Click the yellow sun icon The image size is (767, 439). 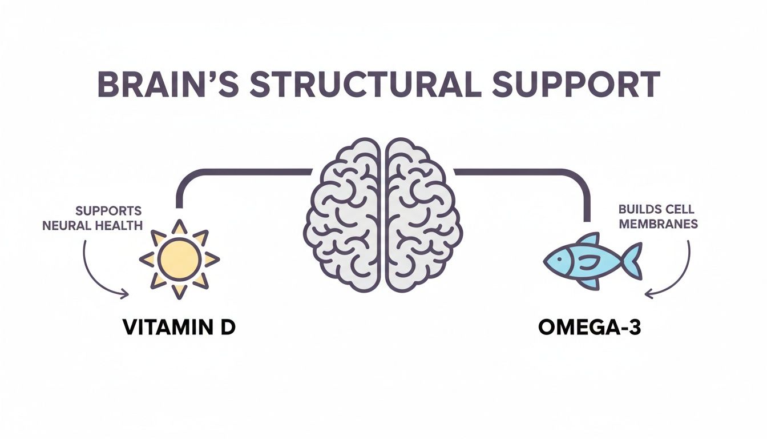point(179,259)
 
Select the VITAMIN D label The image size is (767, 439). point(179,328)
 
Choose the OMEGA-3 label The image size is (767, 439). point(589,328)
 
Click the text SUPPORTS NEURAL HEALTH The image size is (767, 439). point(92,218)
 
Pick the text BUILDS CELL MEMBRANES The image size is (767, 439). point(658,217)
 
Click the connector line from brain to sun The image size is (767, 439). point(228,171)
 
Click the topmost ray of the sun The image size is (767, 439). point(179,227)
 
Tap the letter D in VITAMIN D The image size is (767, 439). point(227,328)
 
